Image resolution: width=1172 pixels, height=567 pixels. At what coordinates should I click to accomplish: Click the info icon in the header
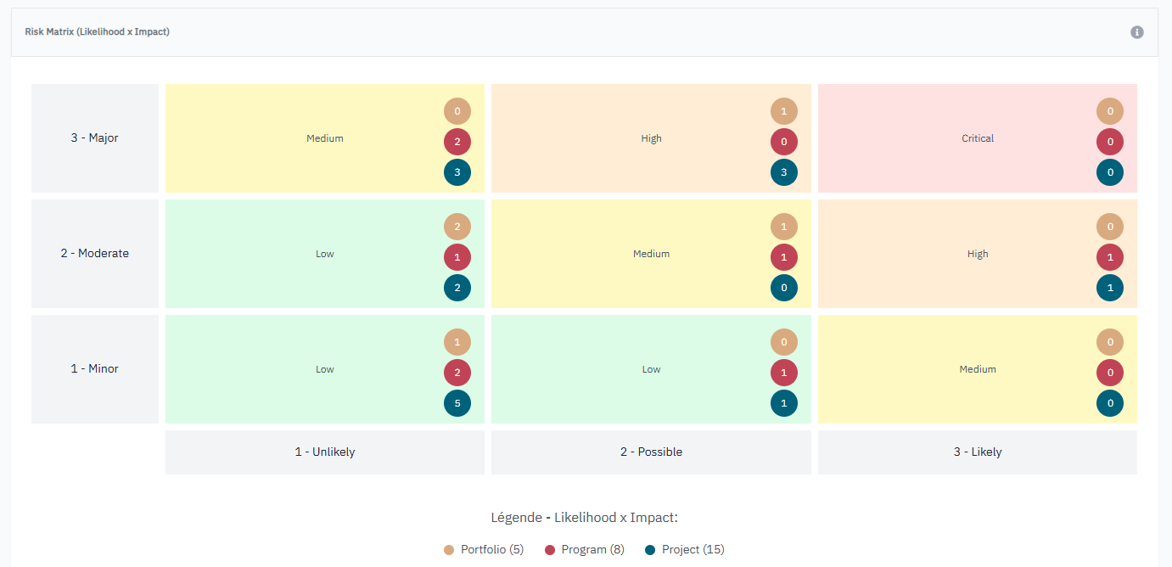point(1137,32)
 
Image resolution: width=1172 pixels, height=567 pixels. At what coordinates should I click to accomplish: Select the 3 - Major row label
point(95,138)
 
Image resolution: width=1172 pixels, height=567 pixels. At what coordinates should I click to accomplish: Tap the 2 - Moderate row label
point(95,254)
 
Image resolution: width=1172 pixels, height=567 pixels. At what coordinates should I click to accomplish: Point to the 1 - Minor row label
point(95,369)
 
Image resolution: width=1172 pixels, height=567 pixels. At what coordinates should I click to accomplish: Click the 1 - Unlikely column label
point(325,452)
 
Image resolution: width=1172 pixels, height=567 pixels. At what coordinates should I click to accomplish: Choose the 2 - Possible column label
point(651,452)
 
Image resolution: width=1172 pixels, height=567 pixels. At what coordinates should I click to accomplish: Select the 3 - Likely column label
point(978,452)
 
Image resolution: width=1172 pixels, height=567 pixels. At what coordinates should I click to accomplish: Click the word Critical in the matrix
point(978,138)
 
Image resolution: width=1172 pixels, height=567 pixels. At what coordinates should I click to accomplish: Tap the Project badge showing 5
point(457,403)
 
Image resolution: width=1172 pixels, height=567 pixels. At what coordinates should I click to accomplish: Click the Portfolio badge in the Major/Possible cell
point(784,111)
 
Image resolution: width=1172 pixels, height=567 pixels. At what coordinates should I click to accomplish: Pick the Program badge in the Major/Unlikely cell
point(457,142)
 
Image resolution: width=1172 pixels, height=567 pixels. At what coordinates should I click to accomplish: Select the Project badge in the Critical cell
point(1110,172)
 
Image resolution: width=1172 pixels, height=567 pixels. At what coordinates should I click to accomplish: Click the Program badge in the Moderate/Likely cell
point(1110,257)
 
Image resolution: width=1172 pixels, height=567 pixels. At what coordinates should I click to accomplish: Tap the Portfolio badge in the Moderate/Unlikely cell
point(457,227)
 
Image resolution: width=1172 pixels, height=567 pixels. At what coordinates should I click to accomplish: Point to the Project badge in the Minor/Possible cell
point(784,403)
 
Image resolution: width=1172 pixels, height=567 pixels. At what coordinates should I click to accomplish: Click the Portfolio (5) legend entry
point(484,550)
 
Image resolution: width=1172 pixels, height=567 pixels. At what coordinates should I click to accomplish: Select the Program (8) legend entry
point(585,550)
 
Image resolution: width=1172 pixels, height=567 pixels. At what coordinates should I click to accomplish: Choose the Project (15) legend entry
point(685,550)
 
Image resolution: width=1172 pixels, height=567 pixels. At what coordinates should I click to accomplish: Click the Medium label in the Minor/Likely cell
point(978,369)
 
